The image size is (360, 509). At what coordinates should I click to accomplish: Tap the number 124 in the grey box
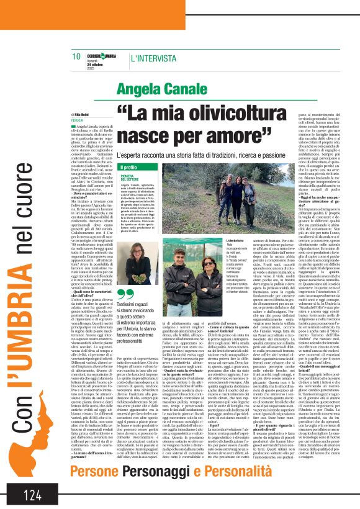click(32, 495)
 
